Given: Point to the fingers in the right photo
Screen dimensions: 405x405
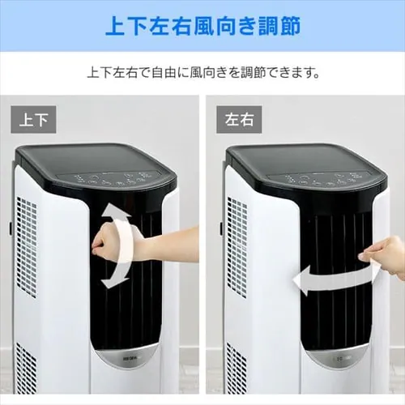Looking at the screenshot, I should (375, 258).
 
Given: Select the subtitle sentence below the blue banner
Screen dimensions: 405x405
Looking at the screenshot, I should (202, 71).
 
